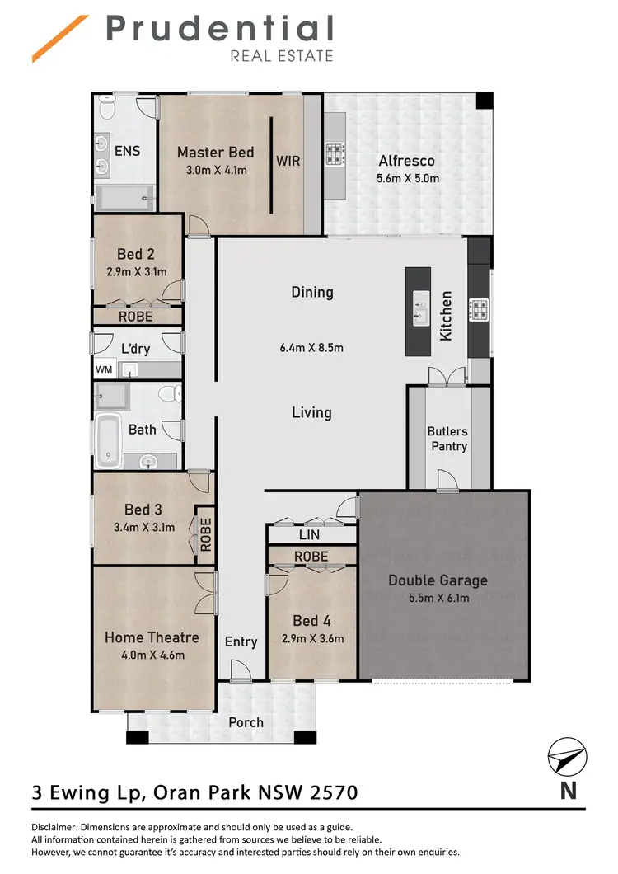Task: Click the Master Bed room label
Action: point(215,152)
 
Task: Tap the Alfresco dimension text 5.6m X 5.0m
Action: point(406,178)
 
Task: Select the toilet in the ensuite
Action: point(107,107)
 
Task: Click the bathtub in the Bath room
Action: point(108,440)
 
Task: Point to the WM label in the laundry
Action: point(103,369)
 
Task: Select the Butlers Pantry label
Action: point(447,439)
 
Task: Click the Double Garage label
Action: point(438,580)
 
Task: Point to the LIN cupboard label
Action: point(310,536)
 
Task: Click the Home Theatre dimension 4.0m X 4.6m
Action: point(152,655)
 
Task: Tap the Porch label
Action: point(246,722)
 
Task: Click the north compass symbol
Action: point(568,757)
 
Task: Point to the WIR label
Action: point(288,161)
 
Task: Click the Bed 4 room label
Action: point(311,621)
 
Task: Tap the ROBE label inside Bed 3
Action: point(205,534)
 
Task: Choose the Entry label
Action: point(241,641)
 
